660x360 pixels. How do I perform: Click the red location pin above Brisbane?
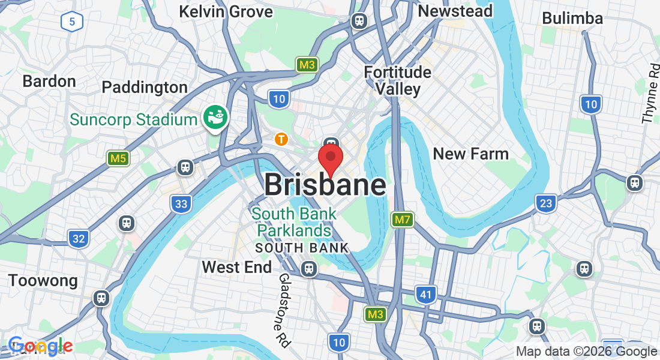pos(330,157)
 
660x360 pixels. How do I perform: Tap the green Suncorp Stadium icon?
pos(214,118)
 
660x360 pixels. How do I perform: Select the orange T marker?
pos(281,139)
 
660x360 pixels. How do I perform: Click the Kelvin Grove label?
pos(226,11)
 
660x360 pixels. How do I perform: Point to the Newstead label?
pos(455,11)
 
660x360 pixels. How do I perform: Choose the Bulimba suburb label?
pos(572,18)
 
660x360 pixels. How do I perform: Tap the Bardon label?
pos(49,81)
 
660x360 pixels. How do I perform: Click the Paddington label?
pos(145,88)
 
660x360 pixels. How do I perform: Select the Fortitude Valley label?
pos(398,80)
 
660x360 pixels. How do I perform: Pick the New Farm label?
pos(470,154)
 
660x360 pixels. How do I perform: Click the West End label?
pos(236,267)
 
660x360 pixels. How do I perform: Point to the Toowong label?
pos(43,280)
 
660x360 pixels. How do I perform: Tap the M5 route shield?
pos(118,158)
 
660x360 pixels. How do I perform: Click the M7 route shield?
pos(402,220)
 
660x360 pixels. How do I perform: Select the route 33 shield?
pos(181,204)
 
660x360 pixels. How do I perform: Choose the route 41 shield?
pos(425,294)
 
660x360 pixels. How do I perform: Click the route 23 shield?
pos(545,203)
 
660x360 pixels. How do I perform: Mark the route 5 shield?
pos(71,23)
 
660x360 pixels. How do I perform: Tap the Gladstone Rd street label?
pos(284,310)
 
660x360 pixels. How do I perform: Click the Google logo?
pos(40,346)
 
